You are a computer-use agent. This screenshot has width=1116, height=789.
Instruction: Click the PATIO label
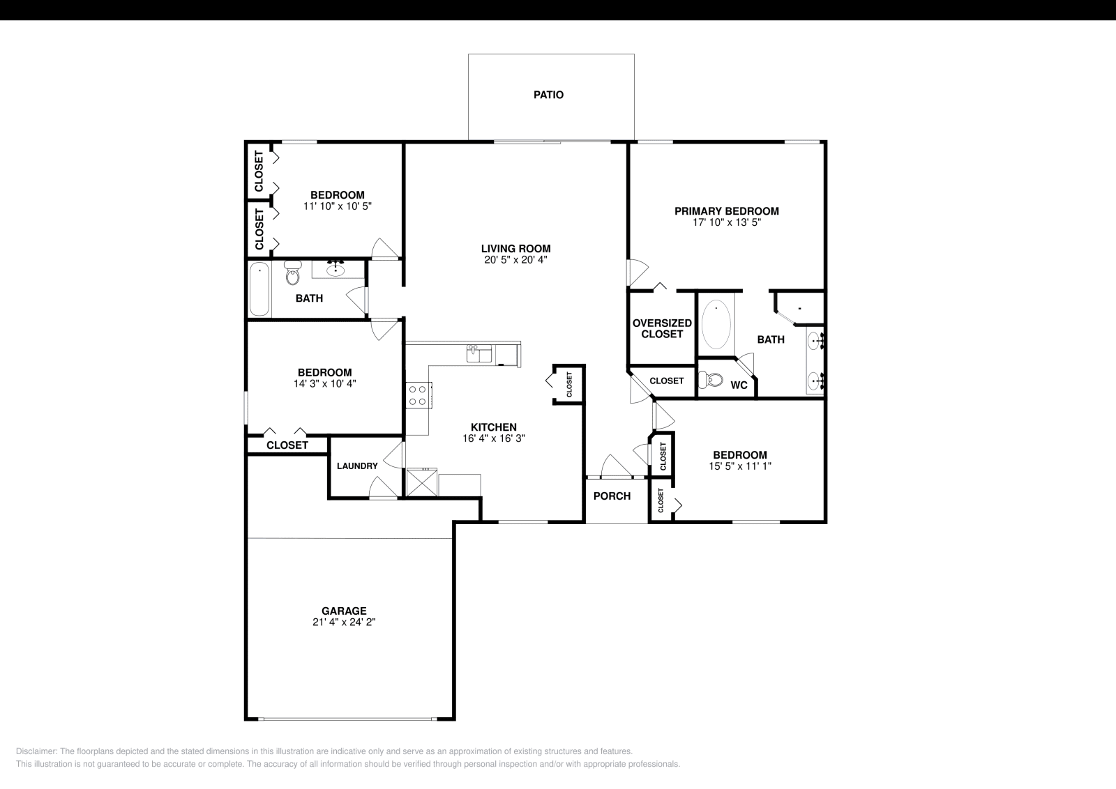pyautogui.click(x=548, y=95)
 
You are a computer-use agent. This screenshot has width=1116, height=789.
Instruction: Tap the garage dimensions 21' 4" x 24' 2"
pyautogui.click(x=344, y=622)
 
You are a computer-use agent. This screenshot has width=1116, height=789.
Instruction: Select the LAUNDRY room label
pyautogui.click(x=357, y=466)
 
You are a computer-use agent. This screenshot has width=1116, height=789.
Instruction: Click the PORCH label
pyautogui.click(x=612, y=496)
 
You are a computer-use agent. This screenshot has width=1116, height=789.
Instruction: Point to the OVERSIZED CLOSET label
pyautogui.click(x=662, y=328)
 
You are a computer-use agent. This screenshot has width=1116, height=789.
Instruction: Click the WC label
pyautogui.click(x=739, y=385)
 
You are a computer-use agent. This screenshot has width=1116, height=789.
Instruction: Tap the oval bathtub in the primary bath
pyautogui.click(x=716, y=324)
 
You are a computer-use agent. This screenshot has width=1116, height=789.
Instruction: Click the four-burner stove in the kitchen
pyautogui.click(x=418, y=395)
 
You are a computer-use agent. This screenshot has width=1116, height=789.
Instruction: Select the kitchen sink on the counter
pyautogui.click(x=478, y=353)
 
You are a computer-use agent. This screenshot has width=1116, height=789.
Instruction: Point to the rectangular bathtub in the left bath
pyautogui.click(x=259, y=289)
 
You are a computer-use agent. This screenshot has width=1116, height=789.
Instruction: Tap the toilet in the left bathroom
pyautogui.click(x=292, y=274)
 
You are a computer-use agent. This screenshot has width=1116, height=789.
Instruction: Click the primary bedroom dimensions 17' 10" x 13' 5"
pyautogui.click(x=726, y=223)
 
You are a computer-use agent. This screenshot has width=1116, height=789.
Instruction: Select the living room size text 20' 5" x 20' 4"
pyautogui.click(x=515, y=260)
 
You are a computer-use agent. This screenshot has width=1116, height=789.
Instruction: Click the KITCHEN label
pyautogui.click(x=494, y=427)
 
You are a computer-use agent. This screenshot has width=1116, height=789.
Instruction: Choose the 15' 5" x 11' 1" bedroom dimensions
pyautogui.click(x=739, y=466)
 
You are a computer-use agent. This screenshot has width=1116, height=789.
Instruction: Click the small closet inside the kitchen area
pyautogui.click(x=568, y=384)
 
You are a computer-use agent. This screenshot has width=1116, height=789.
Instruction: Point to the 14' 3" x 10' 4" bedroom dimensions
pyautogui.click(x=325, y=383)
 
